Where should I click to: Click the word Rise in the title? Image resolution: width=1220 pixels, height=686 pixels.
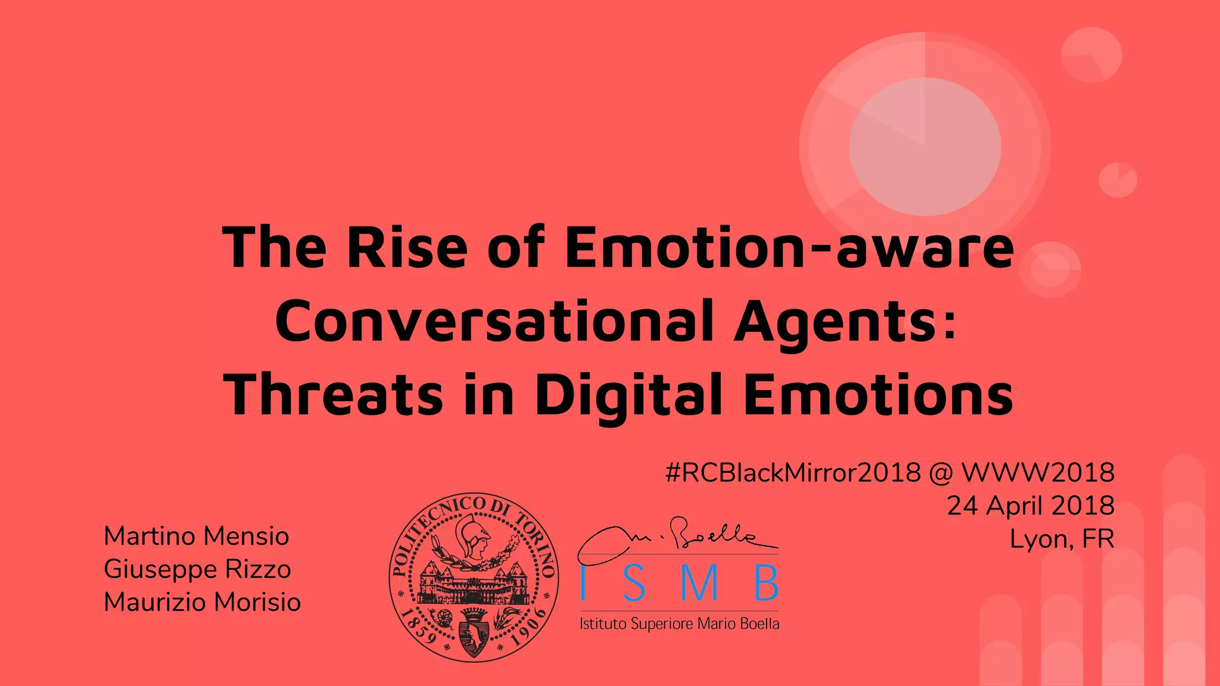[407, 247]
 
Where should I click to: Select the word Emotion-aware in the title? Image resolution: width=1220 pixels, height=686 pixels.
[789, 247]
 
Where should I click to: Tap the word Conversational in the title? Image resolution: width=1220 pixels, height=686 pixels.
[494, 322]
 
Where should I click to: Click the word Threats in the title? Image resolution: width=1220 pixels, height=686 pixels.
[334, 395]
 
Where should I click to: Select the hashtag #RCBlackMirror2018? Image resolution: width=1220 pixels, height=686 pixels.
[793, 473]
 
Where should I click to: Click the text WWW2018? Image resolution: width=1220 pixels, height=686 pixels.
[1038, 473]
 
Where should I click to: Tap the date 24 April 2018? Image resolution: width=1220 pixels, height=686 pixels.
[1031, 506]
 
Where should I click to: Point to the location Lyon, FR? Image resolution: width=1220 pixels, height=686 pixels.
[1062, 539]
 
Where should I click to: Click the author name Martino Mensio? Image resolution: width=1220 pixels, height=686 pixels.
[196, 536]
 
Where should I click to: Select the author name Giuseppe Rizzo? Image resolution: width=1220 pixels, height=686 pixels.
[197, 569]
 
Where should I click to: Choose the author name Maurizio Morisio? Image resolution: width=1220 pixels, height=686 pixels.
[202, 602]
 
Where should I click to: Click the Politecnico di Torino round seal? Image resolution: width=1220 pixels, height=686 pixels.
[474, 577]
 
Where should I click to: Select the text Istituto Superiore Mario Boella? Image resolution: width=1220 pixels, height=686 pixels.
[679, 624]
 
